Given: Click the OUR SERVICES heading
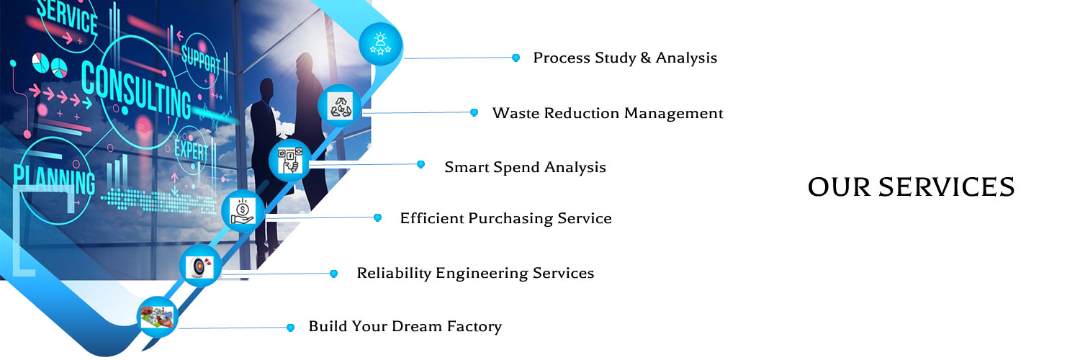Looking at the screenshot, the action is [911, 187].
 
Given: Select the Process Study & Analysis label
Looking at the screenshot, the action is [625, 58].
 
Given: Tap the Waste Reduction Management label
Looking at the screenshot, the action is [608, 113].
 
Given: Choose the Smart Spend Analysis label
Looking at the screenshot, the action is [525, 167].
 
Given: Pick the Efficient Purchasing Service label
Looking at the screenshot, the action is [505, 218].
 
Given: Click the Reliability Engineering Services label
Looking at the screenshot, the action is [475, 274].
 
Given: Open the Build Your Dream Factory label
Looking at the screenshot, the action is [405, 326].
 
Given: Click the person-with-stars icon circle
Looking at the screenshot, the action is [381, 44].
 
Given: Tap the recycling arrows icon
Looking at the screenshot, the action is [341, 106].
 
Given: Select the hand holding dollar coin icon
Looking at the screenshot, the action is [243, 212].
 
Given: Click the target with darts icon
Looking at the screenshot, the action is [200, 266].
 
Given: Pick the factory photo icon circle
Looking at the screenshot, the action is [157, 317].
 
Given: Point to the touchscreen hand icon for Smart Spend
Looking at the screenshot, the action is [290, 161].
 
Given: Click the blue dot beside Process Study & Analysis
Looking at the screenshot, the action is [516, 58].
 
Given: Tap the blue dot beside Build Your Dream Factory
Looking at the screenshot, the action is [290, 328].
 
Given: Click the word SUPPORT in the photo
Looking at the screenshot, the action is [201, 60].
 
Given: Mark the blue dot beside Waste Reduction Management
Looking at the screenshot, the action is [474, 112].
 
